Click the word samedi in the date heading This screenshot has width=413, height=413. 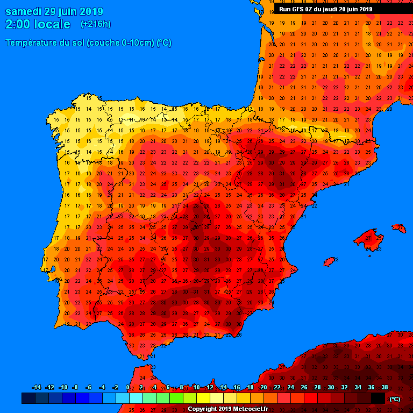coord(23,12)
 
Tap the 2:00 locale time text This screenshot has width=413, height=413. coord(38,25)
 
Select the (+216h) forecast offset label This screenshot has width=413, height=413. coord(95,24)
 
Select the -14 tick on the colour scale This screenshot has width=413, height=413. coord(37,388)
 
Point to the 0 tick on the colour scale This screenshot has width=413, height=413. coord(127,388)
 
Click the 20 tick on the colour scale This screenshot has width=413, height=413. coord(264,388)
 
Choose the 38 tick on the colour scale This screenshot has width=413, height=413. coord(384,388)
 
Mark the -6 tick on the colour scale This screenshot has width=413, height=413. coord(88,388)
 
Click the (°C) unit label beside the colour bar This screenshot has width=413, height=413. coord(395,399)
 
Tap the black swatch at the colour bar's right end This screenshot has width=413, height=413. coord(378,398)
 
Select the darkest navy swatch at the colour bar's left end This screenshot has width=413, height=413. coord(29,398)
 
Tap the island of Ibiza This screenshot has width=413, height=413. coord(330,261)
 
